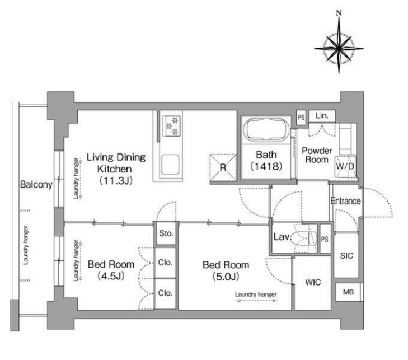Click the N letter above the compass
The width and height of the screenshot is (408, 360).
[x=339, y=13]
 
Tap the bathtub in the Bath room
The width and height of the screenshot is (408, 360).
[x=266, y=130]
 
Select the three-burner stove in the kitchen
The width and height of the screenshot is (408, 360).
[x=172, y=126]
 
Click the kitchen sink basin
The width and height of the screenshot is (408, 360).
[x=170, y=165]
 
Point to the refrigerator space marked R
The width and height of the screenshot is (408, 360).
[x=223, y=167]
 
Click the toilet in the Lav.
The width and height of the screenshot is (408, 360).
[x=303, y=237]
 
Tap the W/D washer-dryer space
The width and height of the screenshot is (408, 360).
[x=345, y=166]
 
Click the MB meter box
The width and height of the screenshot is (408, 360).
[x=348, y=292]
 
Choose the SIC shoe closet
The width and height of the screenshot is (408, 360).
[x=346, y=256]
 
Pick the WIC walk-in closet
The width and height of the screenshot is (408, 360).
[x=312, y=283]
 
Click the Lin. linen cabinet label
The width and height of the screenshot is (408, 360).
[x=322, y=115]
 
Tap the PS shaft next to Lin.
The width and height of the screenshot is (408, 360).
[x=301, y=118]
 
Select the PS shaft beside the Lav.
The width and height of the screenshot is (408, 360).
[x=325, y=239]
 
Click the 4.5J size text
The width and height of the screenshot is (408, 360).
[x=111, y=275]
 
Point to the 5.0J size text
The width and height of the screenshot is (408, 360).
[x=226, y=277]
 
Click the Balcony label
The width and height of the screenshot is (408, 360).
[x=36, y=185]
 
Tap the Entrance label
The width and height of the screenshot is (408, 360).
[x=345, y=201]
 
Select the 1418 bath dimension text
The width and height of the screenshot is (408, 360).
[x=266, y=166]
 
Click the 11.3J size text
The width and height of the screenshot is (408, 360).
[x=116, y=180]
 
